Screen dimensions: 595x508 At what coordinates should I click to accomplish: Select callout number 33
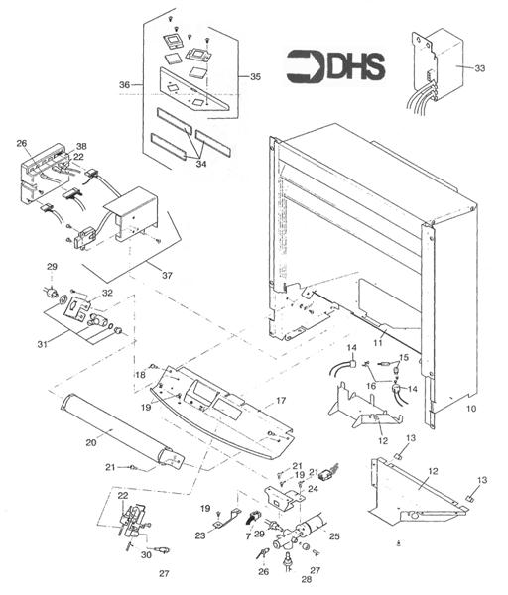click(479, 68)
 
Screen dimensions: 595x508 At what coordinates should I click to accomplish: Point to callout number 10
click(470, 407)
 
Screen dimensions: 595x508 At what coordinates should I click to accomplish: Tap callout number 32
click(107, 294)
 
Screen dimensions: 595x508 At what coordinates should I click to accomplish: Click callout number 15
click(403, 357)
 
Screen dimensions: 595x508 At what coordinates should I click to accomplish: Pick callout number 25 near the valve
click(333, 536)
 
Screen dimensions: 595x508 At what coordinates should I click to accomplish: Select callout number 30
click(147, 555)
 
